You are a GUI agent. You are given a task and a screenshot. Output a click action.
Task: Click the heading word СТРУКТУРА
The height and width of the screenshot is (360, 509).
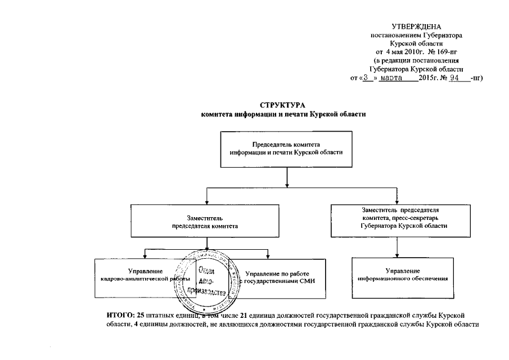point(283,106)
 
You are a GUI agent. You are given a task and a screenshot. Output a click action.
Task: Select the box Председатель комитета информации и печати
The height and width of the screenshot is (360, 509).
point(287,149)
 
